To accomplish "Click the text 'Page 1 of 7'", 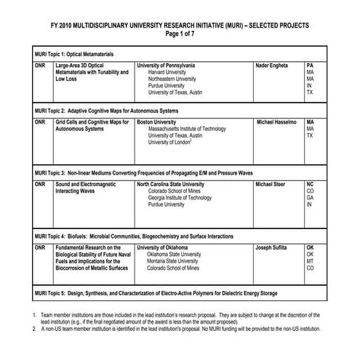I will tap(180, 33).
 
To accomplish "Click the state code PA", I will tap(309, 65).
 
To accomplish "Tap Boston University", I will tap(161, 121).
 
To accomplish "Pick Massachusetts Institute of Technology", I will tap(191, 129).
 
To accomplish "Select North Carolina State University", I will tap(181, 185).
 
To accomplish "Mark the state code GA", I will tap(309, 199).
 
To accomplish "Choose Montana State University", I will tap(179, 261).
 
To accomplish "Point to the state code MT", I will tap(309, 261).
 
